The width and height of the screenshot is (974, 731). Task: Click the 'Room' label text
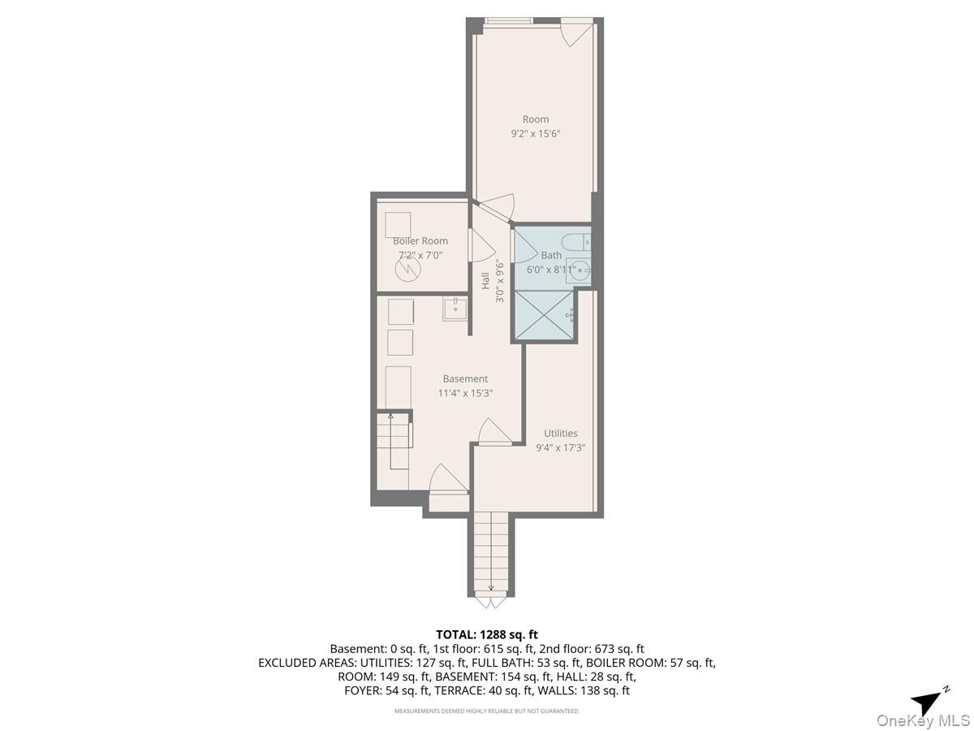(535, 119)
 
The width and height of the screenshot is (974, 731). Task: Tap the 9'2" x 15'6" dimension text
(535, 133)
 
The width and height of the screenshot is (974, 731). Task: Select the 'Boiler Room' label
(420, 241)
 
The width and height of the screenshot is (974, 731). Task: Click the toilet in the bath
(580, 240)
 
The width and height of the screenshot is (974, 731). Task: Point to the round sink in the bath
(579, 272)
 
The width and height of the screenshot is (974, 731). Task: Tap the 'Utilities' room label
(560, 433)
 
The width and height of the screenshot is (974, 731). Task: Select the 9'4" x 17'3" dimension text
(560, 447)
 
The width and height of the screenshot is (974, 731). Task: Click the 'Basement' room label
(465, 378)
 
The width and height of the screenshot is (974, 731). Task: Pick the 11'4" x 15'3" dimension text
(465, 393)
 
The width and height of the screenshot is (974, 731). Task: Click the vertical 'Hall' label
(485, 281)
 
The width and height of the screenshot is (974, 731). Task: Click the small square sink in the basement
(455, 309)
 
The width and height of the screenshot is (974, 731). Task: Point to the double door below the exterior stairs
(490, 602)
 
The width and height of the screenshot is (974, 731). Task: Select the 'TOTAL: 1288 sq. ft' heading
(487, 634)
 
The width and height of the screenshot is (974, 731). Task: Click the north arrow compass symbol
(928, 701)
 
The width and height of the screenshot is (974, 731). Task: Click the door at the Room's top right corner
(578, 31)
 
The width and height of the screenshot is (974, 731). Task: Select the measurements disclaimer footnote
(487, 712)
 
